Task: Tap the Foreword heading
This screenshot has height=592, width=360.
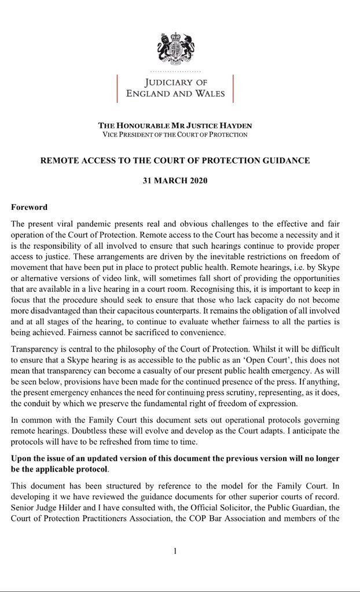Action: (29, 207)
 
